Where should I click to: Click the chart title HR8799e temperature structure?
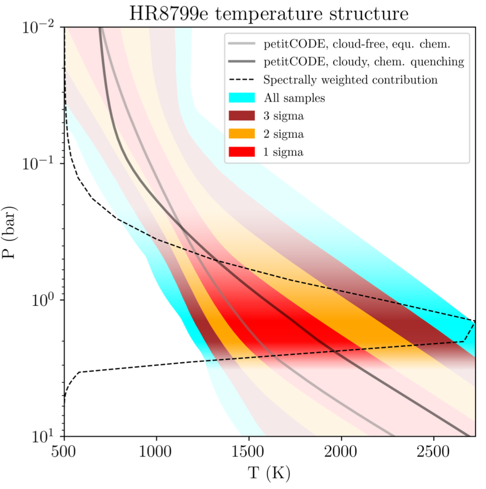pos(268,14)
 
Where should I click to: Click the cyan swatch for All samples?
pos(241,98)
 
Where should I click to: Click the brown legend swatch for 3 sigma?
pos(241,116)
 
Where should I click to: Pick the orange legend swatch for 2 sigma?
pos(241,134)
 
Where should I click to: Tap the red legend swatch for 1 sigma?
pos(241,152)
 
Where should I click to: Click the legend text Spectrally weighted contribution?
pos(350,80)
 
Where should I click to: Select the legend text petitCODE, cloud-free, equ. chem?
pos(357,44)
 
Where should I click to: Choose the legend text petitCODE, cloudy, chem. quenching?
pos(364,62)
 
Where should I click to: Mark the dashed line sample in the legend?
pos(241,80)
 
